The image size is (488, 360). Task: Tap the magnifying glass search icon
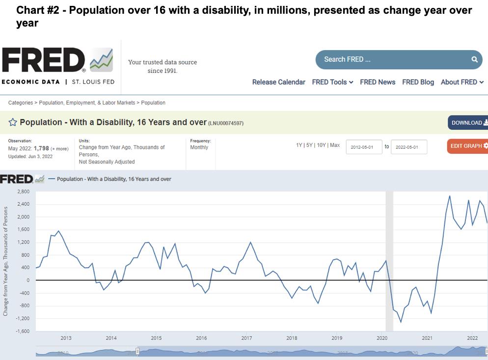[474, 59]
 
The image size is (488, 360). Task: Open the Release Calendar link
[278, 82]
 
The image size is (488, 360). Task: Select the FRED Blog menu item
[418, 82]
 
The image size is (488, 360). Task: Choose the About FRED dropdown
[462, 82]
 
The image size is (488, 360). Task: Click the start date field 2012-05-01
[364, 147]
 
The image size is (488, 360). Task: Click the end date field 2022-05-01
[409, 147]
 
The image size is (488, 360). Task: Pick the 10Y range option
[321, 145]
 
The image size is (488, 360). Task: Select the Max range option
[335, 145]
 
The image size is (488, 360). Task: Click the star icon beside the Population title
[13, 122]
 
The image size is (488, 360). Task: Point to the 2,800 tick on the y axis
[23, 192]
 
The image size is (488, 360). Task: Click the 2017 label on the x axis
[246, 338]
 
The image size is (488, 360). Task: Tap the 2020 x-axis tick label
[382, 338]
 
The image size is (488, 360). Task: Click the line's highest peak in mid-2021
[450, 196]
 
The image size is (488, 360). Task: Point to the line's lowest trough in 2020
[401, 322]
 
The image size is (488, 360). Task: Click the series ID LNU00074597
[226, 123]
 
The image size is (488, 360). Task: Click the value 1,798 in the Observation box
[41, 148]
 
